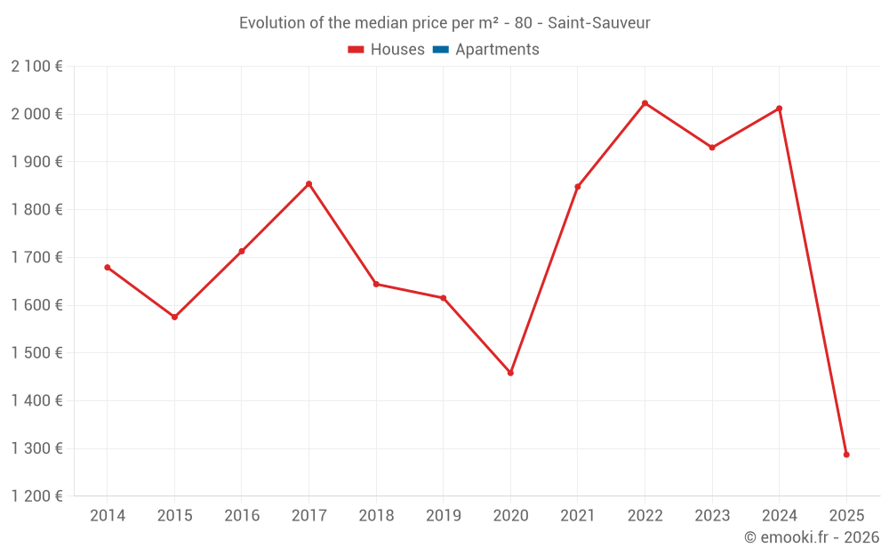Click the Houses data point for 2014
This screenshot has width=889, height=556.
coord(108,267)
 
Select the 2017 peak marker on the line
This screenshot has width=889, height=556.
coord(308,184)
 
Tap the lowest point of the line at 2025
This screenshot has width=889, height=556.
coord(846,455)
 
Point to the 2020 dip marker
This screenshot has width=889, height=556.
coord(510,373)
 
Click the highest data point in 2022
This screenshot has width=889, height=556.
coord(645,103)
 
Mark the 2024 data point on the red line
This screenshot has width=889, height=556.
coord(779,109)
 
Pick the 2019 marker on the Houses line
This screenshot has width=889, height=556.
coord(443,298)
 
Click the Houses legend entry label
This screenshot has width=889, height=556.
coord(397,50)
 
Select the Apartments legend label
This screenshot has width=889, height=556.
coord(497,50)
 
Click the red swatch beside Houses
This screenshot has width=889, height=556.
coord(356,50)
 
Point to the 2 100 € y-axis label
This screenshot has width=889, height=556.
coord(36,66)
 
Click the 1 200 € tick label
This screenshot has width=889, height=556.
coord(36,496)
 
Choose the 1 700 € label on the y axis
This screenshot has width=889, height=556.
coord(36,257)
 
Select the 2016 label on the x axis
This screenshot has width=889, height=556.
coord(242,516)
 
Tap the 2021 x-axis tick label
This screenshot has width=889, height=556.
coord(577,516)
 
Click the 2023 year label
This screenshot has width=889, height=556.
coord(711,516)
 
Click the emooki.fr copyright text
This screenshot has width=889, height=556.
coord(812,537)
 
